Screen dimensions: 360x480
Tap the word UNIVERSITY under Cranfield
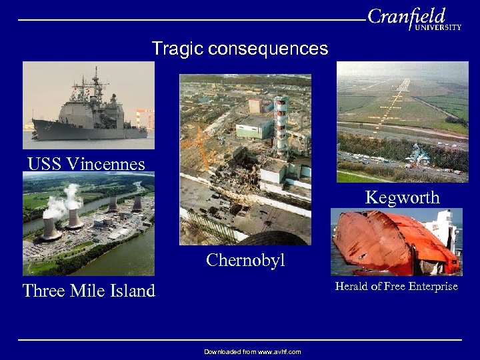click(x=437, y=28)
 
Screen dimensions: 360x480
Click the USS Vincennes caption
click(x=86, y=163)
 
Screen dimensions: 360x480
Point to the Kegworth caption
click(x=402, y=197)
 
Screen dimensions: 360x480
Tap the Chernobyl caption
click(x=245, y=259)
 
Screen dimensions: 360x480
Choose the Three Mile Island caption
click(x=89, y=291)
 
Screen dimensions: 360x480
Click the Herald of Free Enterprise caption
click(x=396, y=286)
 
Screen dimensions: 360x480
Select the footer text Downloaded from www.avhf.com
click(x=253, y=351)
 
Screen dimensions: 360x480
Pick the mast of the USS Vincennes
click(x=96, y=80)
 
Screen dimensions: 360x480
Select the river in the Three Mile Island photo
click(x=120, y=260)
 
